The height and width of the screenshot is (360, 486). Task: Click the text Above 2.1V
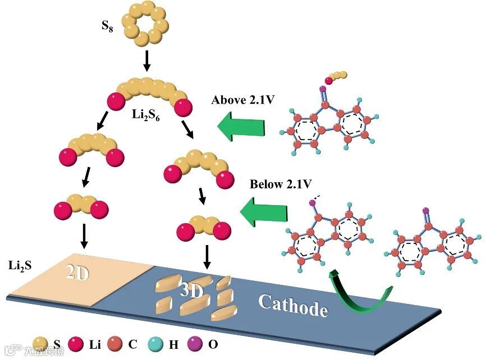241,100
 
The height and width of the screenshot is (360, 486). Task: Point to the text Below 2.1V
281,184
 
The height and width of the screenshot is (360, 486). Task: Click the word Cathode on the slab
292,305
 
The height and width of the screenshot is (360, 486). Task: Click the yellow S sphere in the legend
40,344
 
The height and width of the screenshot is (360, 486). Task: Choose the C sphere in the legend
116,344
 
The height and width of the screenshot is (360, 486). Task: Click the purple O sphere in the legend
196,344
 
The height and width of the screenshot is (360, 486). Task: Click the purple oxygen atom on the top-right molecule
323,89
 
